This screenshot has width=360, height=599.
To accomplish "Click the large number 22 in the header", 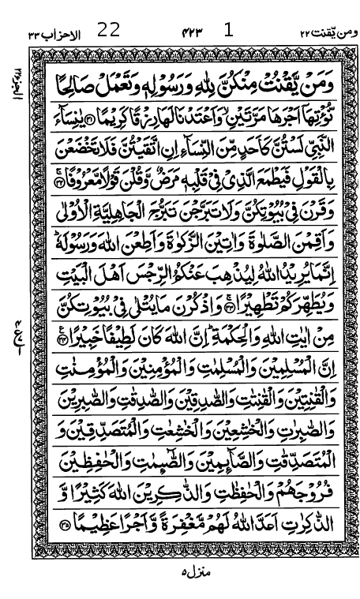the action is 109,31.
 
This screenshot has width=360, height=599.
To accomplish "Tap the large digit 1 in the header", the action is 229,31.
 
